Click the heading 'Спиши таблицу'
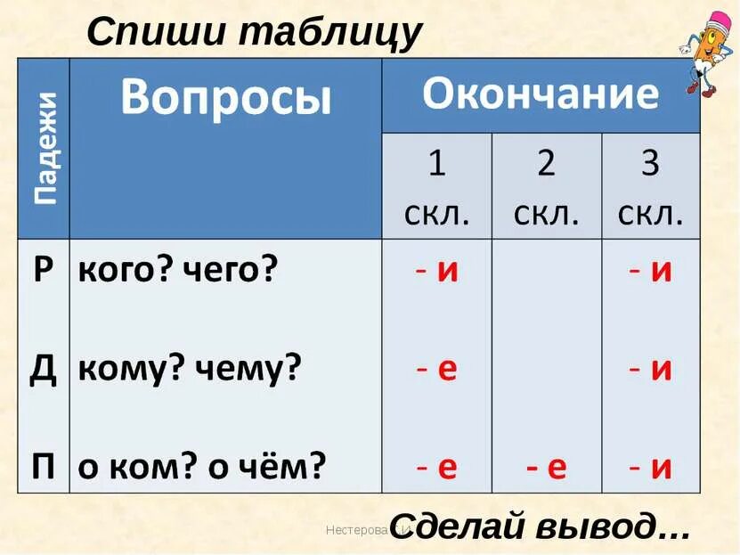pos(254,33)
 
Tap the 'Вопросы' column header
pos(225,96)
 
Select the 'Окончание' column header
pos(541,94)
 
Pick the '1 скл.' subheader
pos(436,187)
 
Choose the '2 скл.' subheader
pos(546,187)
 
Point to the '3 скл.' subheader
pos(650,187)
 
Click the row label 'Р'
pos(44,270)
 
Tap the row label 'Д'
pos(44,369)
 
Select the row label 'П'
pos(44,466)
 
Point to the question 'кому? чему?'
pos(191,369)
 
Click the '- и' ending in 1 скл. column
pos(436,270)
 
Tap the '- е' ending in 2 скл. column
pos(546,467)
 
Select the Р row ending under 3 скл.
pos(650,270)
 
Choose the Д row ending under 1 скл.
pos(436,369)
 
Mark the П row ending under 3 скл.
pos(650,467)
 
